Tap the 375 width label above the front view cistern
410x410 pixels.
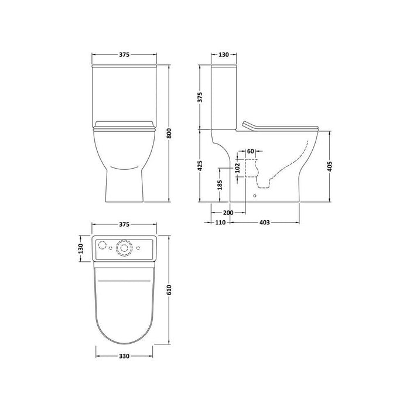[x=124, y=55]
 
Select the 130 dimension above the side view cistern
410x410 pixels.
[x=223, y=55]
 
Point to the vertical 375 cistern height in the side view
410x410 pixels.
[x=200, y=98]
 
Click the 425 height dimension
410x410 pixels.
[x=200, y=167]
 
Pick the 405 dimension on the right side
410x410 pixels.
[x=332, y=167]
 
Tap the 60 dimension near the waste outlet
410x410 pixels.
[x=251, y=151]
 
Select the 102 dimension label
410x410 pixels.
[x=237, y=166]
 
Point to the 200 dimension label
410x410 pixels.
[x=228, y=212]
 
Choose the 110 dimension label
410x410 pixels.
[x=220, y=223]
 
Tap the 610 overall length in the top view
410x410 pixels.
[x=170, y=289]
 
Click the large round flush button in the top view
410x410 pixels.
[x=124, y=248]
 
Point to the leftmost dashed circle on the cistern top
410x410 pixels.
[x=101, y=245]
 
